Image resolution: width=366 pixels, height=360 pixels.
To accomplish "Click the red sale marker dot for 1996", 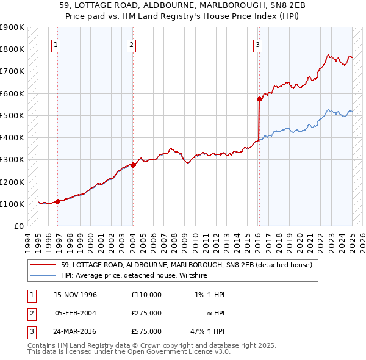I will [58, 201].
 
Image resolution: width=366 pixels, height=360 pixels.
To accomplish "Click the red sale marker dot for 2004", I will [133, 165].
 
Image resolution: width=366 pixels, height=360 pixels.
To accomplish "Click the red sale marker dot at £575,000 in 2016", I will [259, 98].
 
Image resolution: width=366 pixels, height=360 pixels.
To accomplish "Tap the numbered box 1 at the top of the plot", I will [56, 43].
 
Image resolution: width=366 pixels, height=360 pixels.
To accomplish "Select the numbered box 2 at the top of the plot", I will [131, 43].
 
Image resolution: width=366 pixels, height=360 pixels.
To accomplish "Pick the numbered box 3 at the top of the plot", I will [258, 43].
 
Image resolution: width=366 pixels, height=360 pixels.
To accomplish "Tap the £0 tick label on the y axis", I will [19, 226].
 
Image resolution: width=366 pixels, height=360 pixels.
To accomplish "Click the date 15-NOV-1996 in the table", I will [76, 295].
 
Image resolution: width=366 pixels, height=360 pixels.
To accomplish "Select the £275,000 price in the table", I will [146, 313].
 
